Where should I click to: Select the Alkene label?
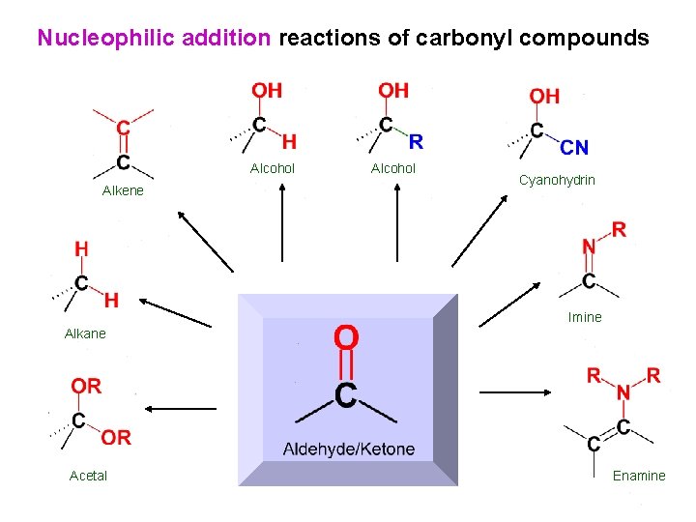tap(123, 190)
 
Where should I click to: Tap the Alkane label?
tap(85, 333)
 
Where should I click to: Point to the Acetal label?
tap(88, 476)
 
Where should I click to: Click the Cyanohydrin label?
tap(557, 181)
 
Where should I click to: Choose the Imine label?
tap(585, 317)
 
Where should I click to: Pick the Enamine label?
tap(639, 476)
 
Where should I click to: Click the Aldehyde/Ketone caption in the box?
tap(348, 449)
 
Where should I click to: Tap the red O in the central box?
tap(346, 337)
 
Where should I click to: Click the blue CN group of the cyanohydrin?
tap(574, 147)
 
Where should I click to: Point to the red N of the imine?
tap(588, 247)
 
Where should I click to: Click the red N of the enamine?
tap(623, 392)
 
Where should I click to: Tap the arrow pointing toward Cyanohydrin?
tap(483, 230)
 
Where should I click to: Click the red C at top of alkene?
tap(124, 127)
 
